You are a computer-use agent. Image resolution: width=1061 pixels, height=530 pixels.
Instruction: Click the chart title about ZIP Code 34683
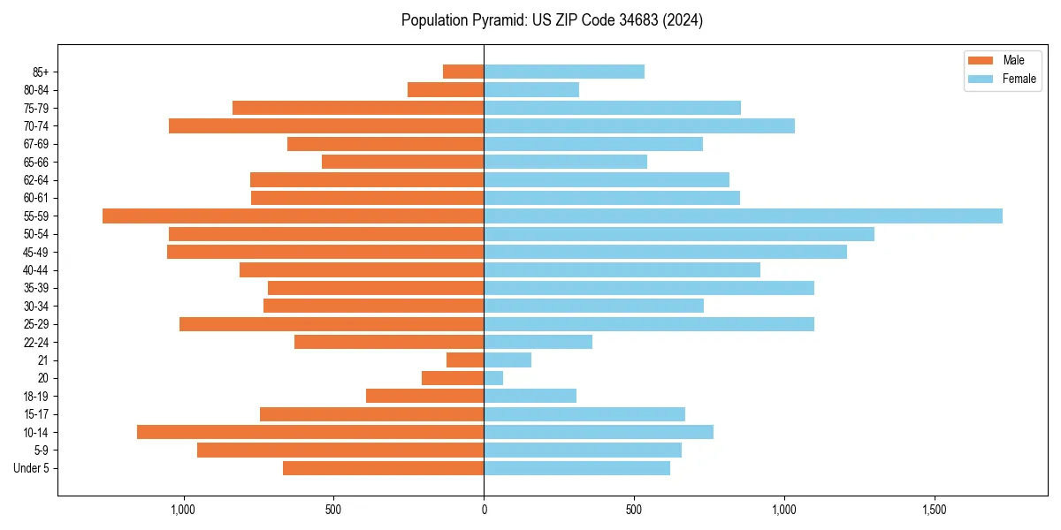pos(552,20)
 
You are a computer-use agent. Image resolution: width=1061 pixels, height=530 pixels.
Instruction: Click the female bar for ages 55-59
pos(743,216)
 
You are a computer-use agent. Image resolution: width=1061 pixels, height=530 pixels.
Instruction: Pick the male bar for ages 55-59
pos(293,216)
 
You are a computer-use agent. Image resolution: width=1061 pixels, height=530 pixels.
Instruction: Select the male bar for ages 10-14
pos(310,432)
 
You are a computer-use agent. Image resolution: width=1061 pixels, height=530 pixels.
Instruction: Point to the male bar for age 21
pos(465,360)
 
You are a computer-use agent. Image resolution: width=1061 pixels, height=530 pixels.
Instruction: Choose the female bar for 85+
pos(564,72)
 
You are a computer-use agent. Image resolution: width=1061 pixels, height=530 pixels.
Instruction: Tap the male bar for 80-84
pos(446,89)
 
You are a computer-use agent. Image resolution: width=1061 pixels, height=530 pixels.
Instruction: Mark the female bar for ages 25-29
pos(649,324)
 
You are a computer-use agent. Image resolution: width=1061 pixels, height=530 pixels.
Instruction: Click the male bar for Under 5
pos(383,468)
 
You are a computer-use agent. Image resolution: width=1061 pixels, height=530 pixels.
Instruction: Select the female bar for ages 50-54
pos(679,234)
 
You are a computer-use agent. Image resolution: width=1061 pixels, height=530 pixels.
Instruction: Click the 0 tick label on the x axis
pos(484,511)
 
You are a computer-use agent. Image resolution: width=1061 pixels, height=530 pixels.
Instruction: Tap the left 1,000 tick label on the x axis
pos(183,511)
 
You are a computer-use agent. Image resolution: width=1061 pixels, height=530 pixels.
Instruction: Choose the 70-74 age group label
pos(36,125)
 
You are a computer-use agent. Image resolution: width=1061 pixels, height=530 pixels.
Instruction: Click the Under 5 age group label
pos(31,468)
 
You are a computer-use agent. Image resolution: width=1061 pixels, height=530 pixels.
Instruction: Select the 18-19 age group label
pos(36,396)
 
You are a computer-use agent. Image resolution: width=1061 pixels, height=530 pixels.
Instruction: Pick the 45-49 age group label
pos(36,252)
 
